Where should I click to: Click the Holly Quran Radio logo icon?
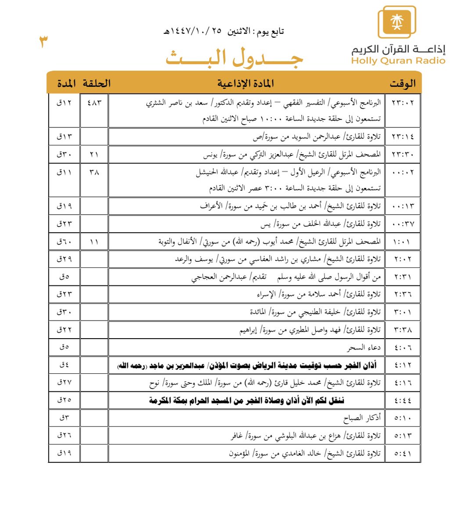(397, 22)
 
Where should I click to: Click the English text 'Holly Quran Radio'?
(398, 61)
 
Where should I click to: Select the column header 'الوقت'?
(402, 83)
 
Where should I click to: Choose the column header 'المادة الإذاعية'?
(245, 83)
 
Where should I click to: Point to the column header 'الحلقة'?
(97, 83)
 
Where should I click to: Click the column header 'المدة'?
(66, 83)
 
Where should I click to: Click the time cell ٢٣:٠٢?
(402, 103)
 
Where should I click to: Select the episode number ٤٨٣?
(94, 103)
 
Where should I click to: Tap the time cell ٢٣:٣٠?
(402, 155)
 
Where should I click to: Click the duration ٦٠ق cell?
(64, 242)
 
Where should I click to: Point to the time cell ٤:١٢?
(403, 365)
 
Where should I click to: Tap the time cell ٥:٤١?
(403, 454)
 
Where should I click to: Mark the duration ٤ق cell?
(64, 365)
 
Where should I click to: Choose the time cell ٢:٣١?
(403, 277)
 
